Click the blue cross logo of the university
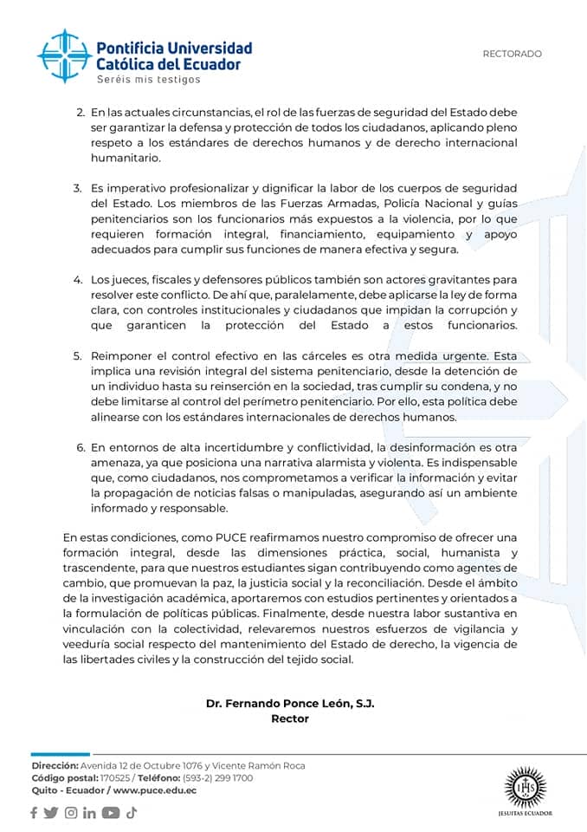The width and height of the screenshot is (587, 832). point(65,55)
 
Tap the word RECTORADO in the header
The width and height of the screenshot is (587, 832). point(512,54)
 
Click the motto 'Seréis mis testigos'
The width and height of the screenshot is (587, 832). point(148,80)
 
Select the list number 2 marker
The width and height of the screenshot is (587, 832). point(81,113)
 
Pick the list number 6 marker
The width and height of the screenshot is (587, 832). point(81,447)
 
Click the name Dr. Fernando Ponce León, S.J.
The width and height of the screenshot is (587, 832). point(290,704)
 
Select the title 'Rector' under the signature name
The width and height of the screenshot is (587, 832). point(290,718)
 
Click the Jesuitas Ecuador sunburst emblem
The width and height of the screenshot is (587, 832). point(525,788)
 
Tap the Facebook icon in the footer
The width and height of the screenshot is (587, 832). point(34,813)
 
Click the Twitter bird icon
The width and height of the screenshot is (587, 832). point(51,813)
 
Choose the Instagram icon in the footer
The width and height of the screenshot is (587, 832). point(70,813)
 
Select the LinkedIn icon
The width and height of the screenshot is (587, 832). point(89,813)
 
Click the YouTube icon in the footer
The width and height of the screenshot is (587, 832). point(111,813)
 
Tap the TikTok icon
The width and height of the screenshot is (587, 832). point(132,813)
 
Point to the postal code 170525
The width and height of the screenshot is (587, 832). point(114,778)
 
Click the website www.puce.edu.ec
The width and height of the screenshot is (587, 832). point(155,790)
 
